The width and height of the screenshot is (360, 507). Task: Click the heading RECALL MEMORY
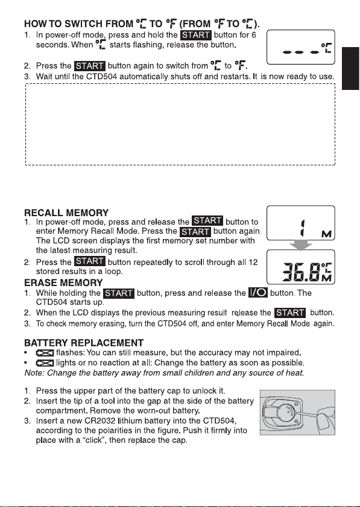point(66,212)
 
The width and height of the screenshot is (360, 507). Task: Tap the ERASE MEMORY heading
point(63,282)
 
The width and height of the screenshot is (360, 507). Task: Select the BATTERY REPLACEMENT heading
point(84,343)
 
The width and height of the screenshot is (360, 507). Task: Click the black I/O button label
point(258,292)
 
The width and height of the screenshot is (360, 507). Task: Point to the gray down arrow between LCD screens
point(300,245)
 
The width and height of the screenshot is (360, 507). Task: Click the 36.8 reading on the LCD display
point(302,272)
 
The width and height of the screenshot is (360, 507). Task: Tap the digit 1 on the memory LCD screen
point(303,228)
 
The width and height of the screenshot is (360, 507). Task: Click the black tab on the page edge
point(351,69)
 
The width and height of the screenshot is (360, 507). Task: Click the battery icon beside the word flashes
point(45,352)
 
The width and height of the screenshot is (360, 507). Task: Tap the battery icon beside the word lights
point(45,363)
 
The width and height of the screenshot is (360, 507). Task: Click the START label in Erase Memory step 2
point(290,313)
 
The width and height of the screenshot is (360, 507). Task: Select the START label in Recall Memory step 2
point(89,261)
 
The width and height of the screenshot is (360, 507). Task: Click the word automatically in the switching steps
point(144,77)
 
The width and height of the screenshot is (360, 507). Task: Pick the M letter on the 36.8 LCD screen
point(327,278)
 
